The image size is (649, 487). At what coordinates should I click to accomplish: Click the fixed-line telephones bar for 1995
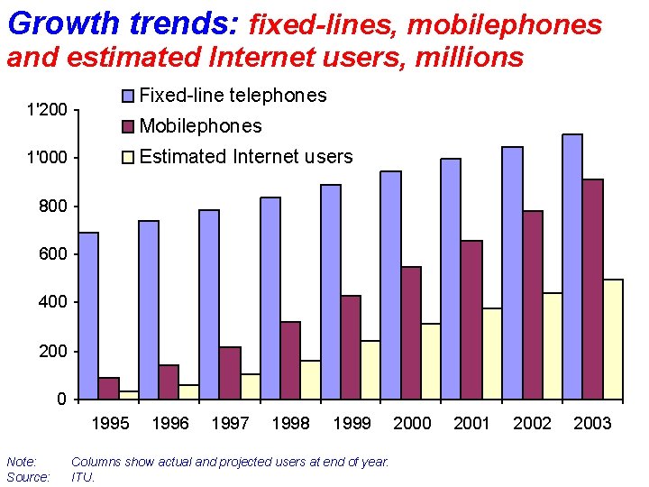pyautogui.click(x=88, y=315)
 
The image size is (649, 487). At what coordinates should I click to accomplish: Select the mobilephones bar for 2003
pyautogui.click(x=592, y=289)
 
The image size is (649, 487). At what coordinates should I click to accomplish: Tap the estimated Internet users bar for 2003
pyautogui.click(x=613, y=339)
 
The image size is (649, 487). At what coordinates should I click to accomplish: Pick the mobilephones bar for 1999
pyautogui.click(x=351, y=347)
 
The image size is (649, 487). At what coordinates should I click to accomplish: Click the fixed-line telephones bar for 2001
pyautogui.click(x=451, y=279)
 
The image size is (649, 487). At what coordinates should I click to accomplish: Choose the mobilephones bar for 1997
pyautogui.click(x=230, y=372)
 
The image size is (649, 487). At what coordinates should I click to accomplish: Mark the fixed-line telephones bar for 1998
pyautogui.click(x=270, y=298)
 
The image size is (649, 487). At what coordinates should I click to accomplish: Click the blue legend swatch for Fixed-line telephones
pyautogui.click(x=127, y=96)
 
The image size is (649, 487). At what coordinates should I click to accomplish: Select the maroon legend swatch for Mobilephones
pyautogui.click(x=127, y=126)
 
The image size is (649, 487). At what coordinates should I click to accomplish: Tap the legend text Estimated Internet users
pyautogui.click(x=246, y=157)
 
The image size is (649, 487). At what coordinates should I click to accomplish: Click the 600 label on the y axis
pyautogui.click(x=52, y=254)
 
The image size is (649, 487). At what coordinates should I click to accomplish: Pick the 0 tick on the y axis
pyautogui.click(x=60, y=400)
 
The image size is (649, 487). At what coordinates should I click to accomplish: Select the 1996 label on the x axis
pyautogui.click(x=170, y=424)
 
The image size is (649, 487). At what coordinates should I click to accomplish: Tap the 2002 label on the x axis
pyautogui.click(x=532, y=424)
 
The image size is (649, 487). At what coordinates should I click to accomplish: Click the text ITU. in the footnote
pyautogui.click(x=83, y=477)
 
